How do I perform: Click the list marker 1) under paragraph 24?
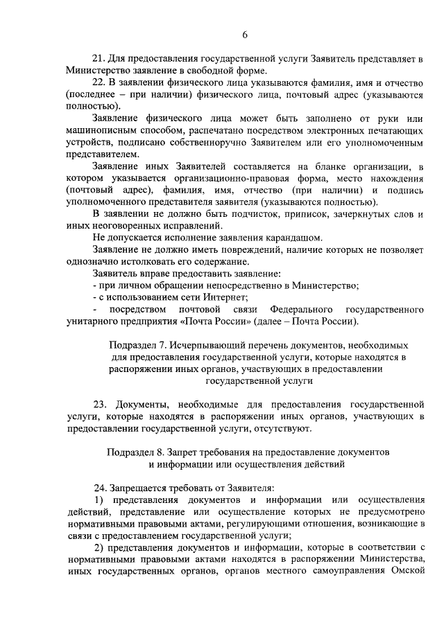tap(99, 500)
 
